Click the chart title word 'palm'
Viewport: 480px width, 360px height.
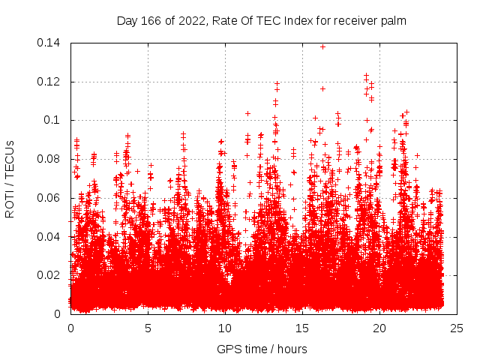point(392,21)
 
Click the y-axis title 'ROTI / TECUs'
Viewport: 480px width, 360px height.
point(10,178)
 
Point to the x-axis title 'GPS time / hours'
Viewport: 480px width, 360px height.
point(262,349)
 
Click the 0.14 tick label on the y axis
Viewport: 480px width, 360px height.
point(50,43)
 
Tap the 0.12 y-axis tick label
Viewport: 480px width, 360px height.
point(50,82)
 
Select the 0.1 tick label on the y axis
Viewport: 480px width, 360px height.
point(54,120)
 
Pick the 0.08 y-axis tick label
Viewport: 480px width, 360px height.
point(50,159)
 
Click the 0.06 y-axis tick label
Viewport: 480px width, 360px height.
point(50,198)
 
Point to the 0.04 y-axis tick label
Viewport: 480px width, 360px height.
point(50,236)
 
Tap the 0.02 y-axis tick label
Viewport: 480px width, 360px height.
point(50,275)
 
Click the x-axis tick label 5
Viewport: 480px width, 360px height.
point(148,328)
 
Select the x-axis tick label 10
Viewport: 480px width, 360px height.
point(225,328)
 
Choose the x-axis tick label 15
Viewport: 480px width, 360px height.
point(302,328)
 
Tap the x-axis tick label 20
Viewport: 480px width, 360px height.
point(379,328)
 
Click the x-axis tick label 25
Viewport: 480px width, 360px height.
point(457,328)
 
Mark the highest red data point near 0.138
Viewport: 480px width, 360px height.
point(322,46)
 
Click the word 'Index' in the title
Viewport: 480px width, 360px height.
point(293,21)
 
